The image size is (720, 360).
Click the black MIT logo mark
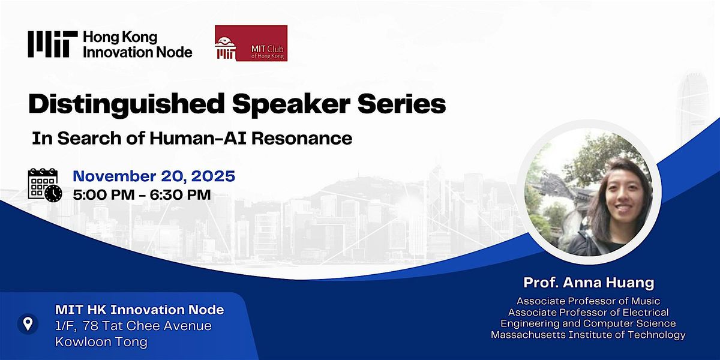coord(52,44)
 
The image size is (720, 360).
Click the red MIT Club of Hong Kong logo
coord(251,43)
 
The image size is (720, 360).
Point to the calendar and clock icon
coord(44,185)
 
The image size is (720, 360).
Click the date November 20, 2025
coord(154,176)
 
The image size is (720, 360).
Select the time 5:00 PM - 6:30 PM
coord(142,194)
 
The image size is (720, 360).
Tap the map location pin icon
coord(28,325)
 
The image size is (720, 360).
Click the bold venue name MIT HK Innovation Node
coord(139,310)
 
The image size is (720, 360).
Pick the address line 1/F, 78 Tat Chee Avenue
coord(133,326)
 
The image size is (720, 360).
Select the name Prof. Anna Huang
coord(588,282)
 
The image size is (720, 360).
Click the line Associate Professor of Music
coord(588,301)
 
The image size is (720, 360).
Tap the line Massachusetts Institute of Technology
coord(588,335)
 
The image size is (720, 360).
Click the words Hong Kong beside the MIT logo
coord(120,38)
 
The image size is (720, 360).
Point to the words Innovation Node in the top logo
coord(137,52)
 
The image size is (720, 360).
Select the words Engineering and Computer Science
coord(588,323)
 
